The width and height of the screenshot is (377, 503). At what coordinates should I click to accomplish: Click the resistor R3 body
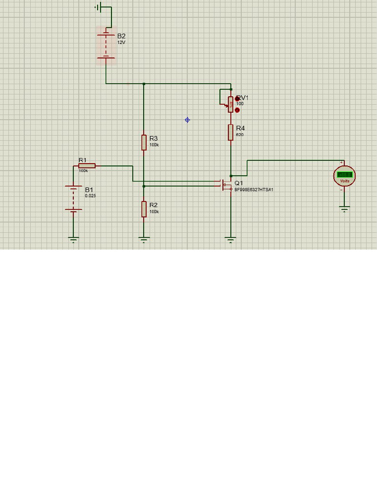click(x=144, y=142)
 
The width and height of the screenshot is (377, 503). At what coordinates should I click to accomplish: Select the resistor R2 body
click(x=144, y=209)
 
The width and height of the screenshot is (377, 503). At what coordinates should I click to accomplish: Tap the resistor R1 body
click(x=87, y=166)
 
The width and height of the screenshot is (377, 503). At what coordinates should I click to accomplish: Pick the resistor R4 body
click(x=230, y=132)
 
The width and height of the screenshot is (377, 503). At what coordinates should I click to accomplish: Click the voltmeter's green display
click(x=345, y=174)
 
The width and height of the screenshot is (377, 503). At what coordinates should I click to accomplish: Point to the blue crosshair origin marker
click(x=187, y=120)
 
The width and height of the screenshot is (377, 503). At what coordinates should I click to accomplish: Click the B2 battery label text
click(x=121, y=36)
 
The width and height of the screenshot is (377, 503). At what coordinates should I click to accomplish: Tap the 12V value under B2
click(x=121, y=43)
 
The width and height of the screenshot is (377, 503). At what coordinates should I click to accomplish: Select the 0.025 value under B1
click(x=90, y=196)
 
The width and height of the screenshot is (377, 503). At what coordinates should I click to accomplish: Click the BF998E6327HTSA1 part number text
click(x=253, y=190)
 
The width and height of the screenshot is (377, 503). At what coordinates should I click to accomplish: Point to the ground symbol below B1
click(x=73, y=240)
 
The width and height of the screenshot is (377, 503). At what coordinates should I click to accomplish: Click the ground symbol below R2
click(x=144, y=240)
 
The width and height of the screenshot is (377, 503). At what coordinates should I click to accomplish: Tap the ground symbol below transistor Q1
click(x=230, y=240)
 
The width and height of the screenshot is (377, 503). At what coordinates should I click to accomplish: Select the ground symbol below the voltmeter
click(x=345, y=209)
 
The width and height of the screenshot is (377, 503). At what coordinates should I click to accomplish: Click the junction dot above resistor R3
click(x=144, y=84)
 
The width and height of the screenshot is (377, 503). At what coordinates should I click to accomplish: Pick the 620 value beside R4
click(x=240, y=135)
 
